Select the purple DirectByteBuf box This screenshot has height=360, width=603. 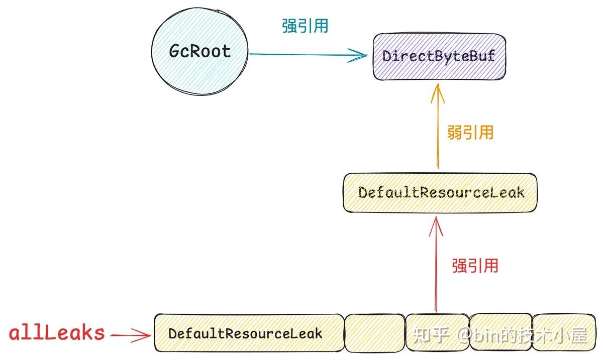pos(439,56)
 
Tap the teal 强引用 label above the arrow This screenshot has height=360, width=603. pos(305,26)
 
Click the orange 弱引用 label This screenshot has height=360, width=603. pos(470,132)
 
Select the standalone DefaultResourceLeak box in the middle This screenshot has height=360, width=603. pos(440,192)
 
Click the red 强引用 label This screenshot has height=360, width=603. pos(475,265)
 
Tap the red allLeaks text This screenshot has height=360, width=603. pos(57,333)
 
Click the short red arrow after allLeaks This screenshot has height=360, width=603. pos(130,334)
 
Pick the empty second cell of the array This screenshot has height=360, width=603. pos(375,333)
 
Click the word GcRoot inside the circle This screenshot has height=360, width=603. pos(199,51)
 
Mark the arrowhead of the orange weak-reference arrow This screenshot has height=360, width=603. pos(437,90)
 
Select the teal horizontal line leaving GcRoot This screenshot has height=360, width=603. pos(301,55)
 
